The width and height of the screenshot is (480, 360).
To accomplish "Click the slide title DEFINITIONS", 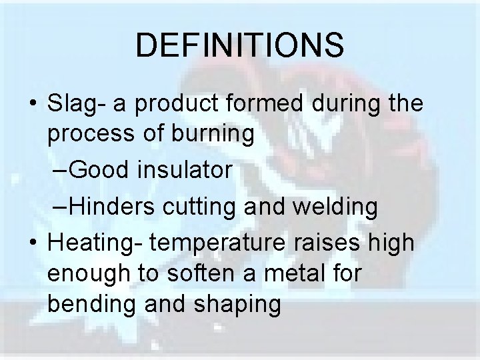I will (240, 45).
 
